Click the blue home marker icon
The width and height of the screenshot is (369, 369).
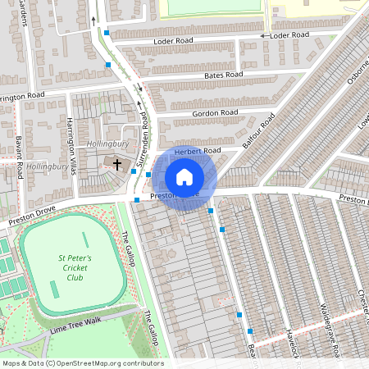pos(184,176)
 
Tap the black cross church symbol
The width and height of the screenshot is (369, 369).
pos(116,165)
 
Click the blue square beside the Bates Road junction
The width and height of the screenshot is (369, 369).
pos(108,64)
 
